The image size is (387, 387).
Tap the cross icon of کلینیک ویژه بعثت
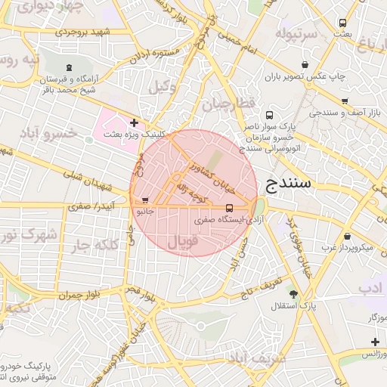coord(134,122)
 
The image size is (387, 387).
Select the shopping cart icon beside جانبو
coord(144,200)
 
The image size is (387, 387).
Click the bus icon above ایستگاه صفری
coord(229,208)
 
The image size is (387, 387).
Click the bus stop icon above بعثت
coord(342,23)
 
